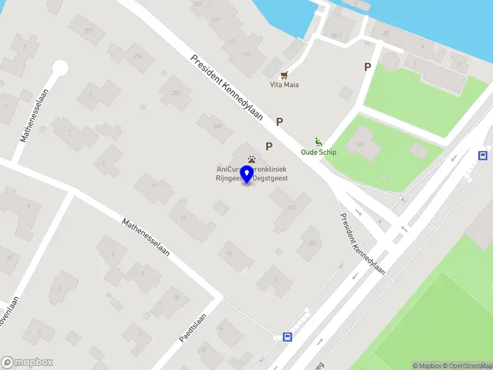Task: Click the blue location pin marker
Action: (247, 174)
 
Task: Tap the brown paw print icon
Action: (251, 159)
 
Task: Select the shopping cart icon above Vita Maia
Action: (284, 75)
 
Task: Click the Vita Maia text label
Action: (284, 84)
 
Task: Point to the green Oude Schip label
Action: (318, 152)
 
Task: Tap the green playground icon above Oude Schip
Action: (318, 141)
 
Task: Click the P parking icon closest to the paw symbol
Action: (269, 146)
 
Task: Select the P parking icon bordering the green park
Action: (367, 67)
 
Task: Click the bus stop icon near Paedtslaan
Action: (287, 336)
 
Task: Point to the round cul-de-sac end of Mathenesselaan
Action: (60, 68)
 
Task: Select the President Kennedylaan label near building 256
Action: (226, 87)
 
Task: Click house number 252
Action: (89, 30)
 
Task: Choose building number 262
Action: (291, 208)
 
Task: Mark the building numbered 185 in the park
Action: (359, 144)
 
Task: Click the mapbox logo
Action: (26, 363)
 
